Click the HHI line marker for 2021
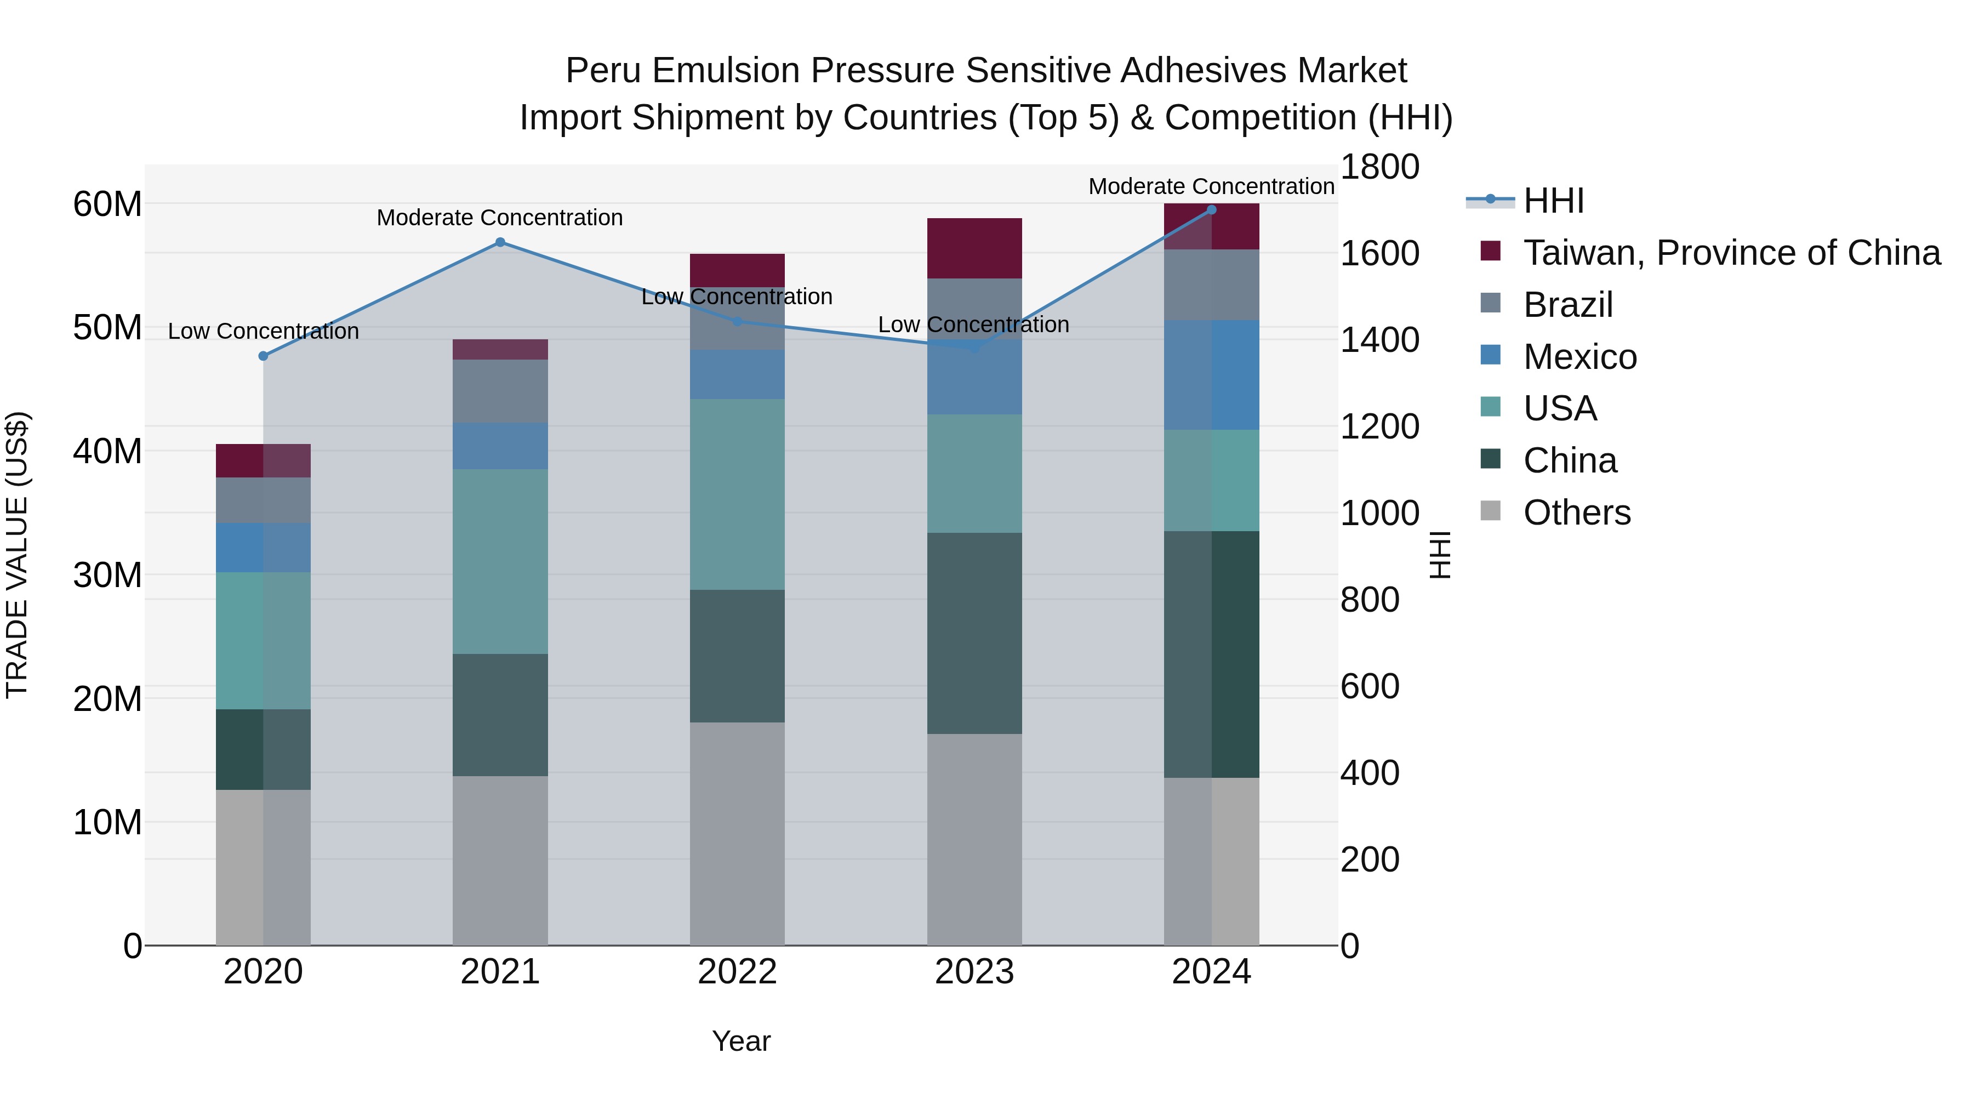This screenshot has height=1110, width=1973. click(500, 242)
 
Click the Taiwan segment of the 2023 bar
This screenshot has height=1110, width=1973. click(974, 248)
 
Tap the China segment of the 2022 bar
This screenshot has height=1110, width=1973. click(737, 656)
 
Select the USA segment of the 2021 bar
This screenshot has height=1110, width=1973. click(500, 561)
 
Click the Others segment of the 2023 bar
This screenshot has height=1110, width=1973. click(974, 839)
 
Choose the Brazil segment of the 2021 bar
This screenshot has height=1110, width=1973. click(500, 391)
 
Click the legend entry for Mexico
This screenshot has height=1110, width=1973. click(1579, 357)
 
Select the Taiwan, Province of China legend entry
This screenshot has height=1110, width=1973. click(1731, 253)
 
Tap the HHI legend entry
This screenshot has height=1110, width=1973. click(1553, 201)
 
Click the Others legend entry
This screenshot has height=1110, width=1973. click(1576, 513)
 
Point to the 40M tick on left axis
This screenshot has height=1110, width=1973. click(107, 451)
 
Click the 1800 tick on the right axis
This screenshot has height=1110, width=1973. click(1379, 167)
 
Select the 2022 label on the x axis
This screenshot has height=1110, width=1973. click(737, 972)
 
